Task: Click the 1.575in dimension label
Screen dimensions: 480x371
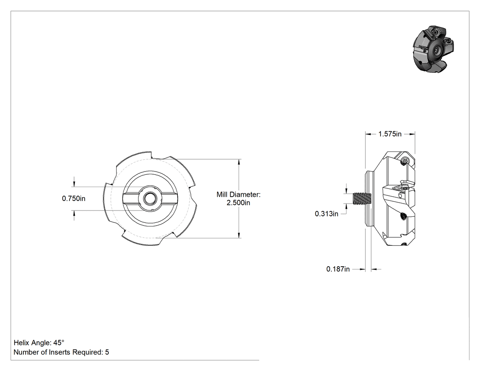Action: click(389, 134)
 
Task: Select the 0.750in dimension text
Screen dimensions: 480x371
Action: click(74, 199)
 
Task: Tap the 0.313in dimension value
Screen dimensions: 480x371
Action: click(326, 214)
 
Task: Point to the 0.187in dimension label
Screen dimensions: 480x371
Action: click(338, 269)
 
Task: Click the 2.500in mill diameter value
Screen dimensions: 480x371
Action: click(238, 203)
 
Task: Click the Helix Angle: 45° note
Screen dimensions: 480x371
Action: click(39, 343)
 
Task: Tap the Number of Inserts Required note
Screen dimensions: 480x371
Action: click(61, 352)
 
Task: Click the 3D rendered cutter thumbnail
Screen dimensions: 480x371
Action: click(433, 49)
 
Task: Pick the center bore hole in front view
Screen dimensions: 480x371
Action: click(150, 198)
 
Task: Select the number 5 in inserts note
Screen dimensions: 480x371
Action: click(107, 352)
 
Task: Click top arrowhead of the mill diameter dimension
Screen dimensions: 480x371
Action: click(239, 162)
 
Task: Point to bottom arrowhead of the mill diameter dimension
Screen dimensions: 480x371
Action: click(239, 235)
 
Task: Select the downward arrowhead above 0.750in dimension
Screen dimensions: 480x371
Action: click(74, 184)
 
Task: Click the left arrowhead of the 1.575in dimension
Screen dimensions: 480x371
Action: click(368, 134)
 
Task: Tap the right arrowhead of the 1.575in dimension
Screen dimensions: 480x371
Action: click(412, 134)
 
